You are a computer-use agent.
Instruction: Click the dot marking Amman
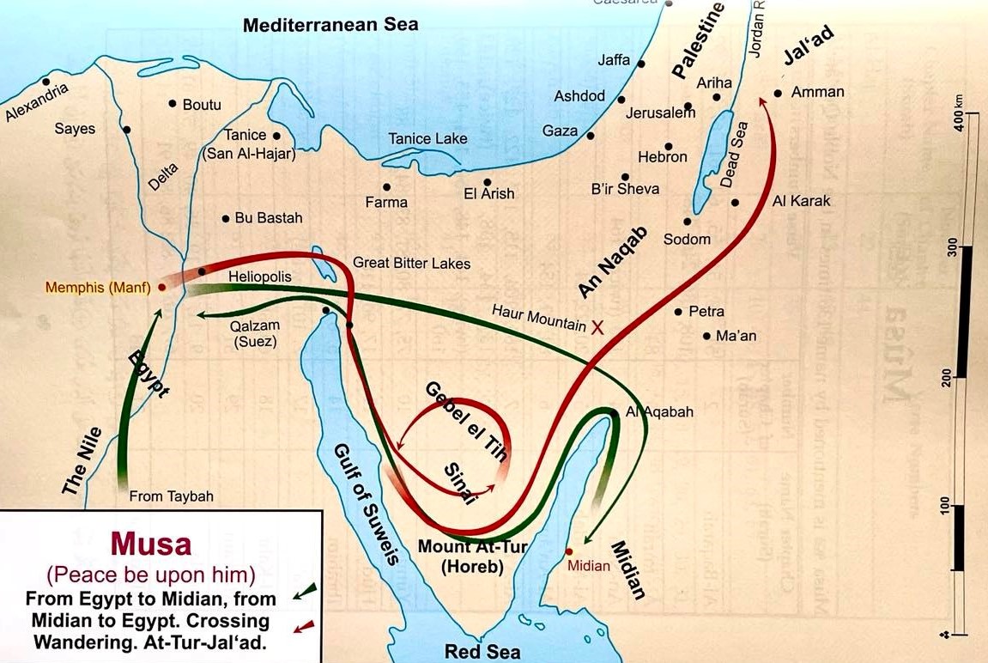778,93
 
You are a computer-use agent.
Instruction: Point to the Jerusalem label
660,113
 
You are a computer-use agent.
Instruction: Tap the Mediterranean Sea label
330,25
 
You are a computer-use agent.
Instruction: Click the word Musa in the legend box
150,544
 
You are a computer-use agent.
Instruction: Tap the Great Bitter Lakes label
411,264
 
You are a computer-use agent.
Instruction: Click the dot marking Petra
678,312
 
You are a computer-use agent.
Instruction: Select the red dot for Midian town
568,550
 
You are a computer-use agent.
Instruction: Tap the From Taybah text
171,496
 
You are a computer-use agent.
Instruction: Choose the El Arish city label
488,194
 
